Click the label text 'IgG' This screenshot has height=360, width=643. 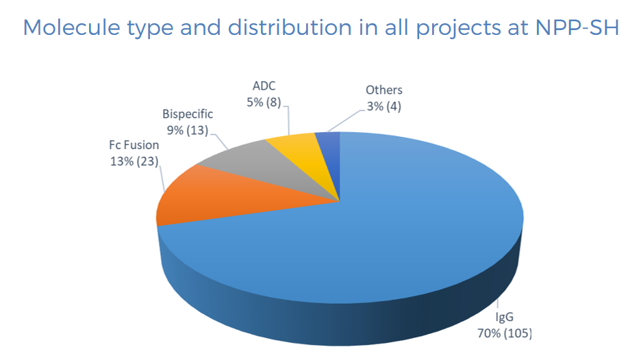click(503, 318)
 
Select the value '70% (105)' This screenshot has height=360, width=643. click(503, 334)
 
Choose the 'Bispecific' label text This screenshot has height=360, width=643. click(187, 113)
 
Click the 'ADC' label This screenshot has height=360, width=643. click(264, 87)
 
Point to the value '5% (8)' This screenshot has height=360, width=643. click(264, 103)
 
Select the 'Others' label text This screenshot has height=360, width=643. click(383, 90)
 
